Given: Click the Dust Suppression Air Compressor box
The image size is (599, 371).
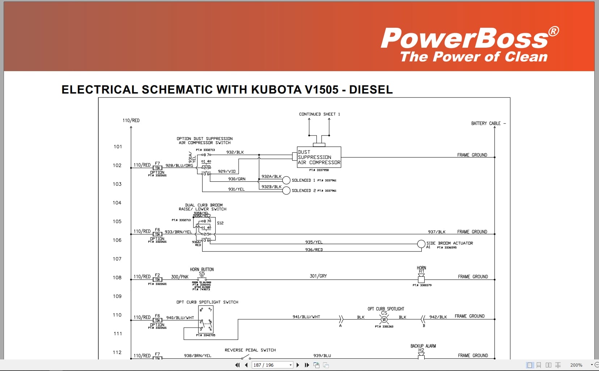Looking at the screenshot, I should click(x=319, y=157).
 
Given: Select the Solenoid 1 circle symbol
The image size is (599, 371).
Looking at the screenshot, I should click(x=286, y=180).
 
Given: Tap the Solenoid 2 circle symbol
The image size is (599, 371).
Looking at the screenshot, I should click(x=286, y=190).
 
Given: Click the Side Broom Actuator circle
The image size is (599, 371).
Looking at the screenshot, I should click(x=421, y=244).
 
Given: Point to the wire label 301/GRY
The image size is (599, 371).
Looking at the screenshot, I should click(x=318, y=276).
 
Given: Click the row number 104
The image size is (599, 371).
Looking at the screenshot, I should click(x=117, y=203).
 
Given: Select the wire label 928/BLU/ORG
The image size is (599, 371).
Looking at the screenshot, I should click(x=179, y=165).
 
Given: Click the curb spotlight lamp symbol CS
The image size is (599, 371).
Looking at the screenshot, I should click(x=384, y=319).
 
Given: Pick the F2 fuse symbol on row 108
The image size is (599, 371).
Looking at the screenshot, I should click(x=157, y=279).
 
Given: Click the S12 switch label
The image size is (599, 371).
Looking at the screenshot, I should click(x=220, y=223).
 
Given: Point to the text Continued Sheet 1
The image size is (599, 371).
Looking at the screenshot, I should click(x=319, y=114).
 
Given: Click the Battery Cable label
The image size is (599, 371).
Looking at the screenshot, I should click(x=486, y=124).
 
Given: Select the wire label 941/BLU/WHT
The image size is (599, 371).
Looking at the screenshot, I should click(x=306, y=317).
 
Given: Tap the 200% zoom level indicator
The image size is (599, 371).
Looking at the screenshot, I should click(x=576, y=365).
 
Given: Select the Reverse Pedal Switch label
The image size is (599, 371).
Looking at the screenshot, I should click(x=250, y=350).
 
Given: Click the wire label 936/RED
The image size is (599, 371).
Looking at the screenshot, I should click(x=314, y=250).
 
